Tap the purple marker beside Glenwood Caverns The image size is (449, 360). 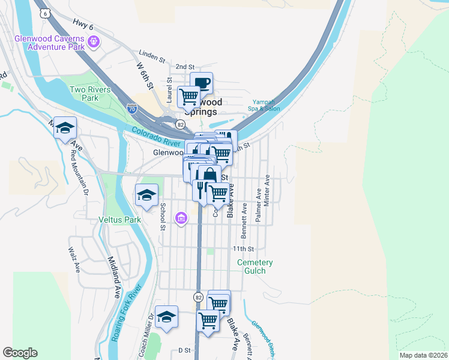(x=93, y=41)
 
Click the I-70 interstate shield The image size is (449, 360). (x=132, y=109)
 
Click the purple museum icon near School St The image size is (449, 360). (x=181, y=218)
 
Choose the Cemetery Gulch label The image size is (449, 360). (x=255, y=266)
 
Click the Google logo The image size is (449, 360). (x=20, y=353)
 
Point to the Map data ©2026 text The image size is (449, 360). (x=423, y=355)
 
